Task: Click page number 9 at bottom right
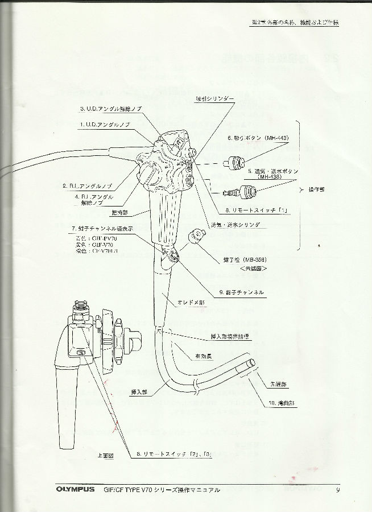pyautogui.click(x=338, y=490)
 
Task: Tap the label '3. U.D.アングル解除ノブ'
pyautogui.click(x=110, y=108)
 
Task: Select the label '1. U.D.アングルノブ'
pyautogui.click(x=105, y=123)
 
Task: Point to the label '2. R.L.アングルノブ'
pyautogui.click(x=86, y=185)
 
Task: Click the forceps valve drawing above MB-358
pyautogui.click(x=197, y=234)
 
